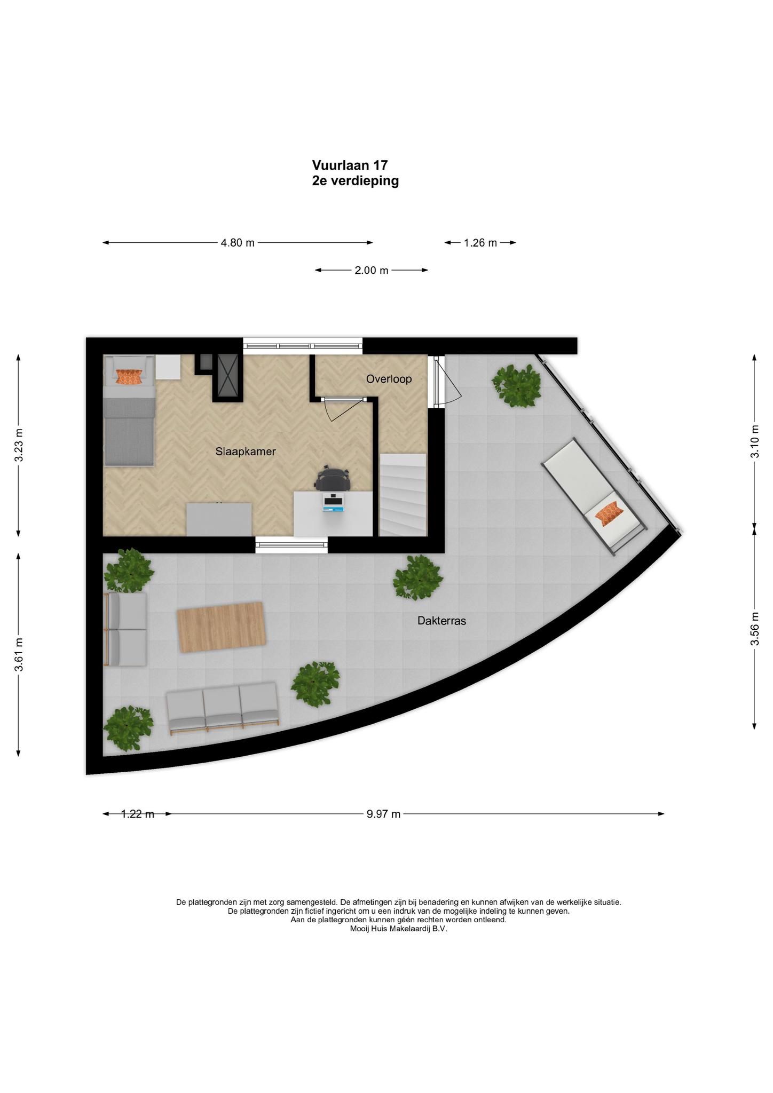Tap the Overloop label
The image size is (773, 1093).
[x=389, y=379]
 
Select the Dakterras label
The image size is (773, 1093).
[x=441, y=621]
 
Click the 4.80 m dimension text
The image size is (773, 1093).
[x=238, y=243]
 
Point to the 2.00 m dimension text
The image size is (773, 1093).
[x=372, y=271]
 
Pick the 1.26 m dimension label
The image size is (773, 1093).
[x=480, y=243]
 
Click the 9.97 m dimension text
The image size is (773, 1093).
[x=383, y=814]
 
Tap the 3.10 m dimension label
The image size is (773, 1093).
[x=754, y=441]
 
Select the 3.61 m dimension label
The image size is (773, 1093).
[x=19, y=654]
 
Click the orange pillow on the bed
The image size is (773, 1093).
[x=129, y=376]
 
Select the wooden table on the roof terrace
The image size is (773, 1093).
[x=221, y=627]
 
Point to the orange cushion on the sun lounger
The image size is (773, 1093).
[x=609, y=513]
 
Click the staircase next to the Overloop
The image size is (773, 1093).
[x=403, y=495]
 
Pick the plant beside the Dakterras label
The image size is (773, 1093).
[x=418, y=577]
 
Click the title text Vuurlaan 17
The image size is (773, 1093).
[x=350, y=165]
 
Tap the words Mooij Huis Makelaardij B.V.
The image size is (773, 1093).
[x=398, y=929]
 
